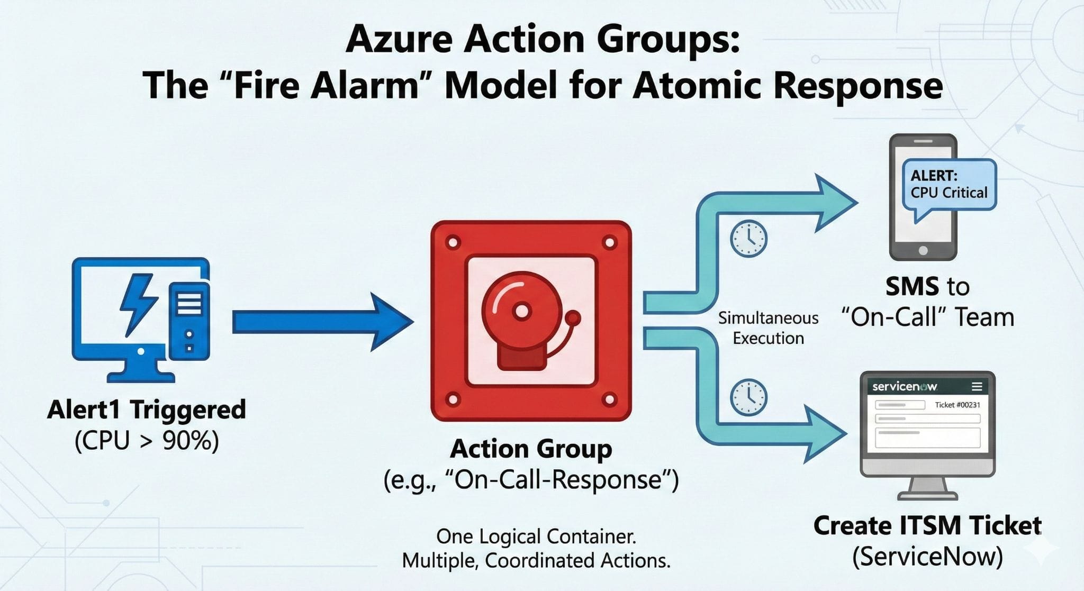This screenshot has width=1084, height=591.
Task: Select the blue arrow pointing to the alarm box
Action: tap(323, 321)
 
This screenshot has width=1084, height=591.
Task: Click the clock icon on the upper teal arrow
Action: tap(748, 239)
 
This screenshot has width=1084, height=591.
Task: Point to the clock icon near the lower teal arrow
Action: tap(748, 397)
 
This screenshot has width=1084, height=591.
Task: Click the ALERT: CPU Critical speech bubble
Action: tap(948, 185)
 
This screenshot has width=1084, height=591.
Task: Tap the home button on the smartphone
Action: tap(923, 251)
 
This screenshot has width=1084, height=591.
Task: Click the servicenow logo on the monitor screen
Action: tap(904, 387)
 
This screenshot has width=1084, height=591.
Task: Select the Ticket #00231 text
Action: tap(957, 405)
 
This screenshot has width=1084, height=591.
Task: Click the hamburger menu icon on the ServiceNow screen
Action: tap(977, 387)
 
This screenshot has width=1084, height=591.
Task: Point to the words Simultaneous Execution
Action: tap(768, 328)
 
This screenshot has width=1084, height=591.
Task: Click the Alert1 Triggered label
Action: tap(147, 410)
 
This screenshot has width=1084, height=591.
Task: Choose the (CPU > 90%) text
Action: tap(147, 440)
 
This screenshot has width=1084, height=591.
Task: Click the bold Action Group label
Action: tap(531, 449)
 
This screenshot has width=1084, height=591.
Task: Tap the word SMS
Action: tap(912, 287)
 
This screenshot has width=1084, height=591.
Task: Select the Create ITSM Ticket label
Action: tap(927, 525)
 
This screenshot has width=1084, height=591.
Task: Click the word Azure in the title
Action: tap(399, 39)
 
